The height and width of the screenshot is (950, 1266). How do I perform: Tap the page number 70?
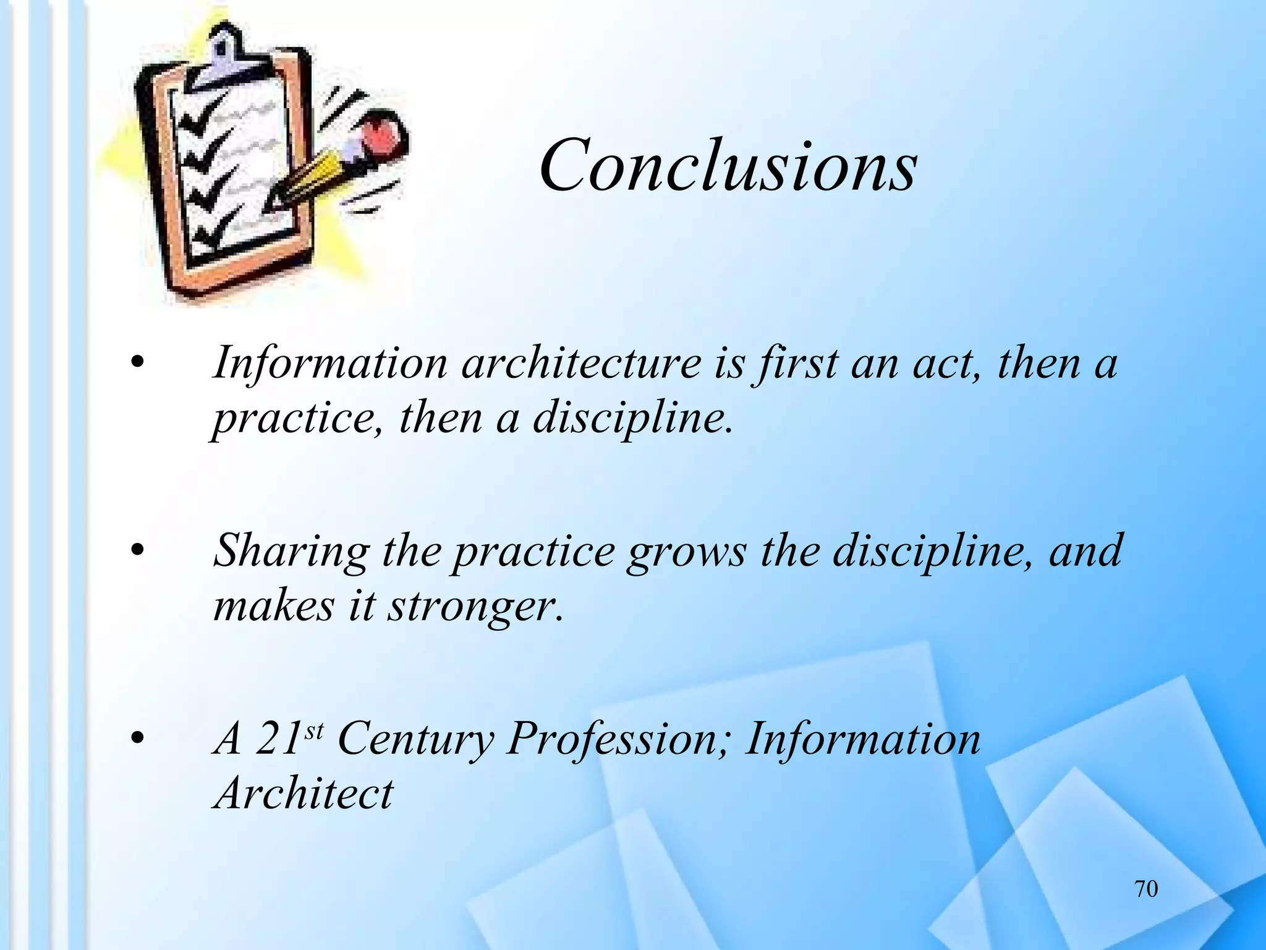1146,889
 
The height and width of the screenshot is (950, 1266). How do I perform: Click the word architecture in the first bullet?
580,363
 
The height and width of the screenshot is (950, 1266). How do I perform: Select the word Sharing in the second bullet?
291,551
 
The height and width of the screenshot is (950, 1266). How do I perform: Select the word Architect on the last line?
303,794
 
